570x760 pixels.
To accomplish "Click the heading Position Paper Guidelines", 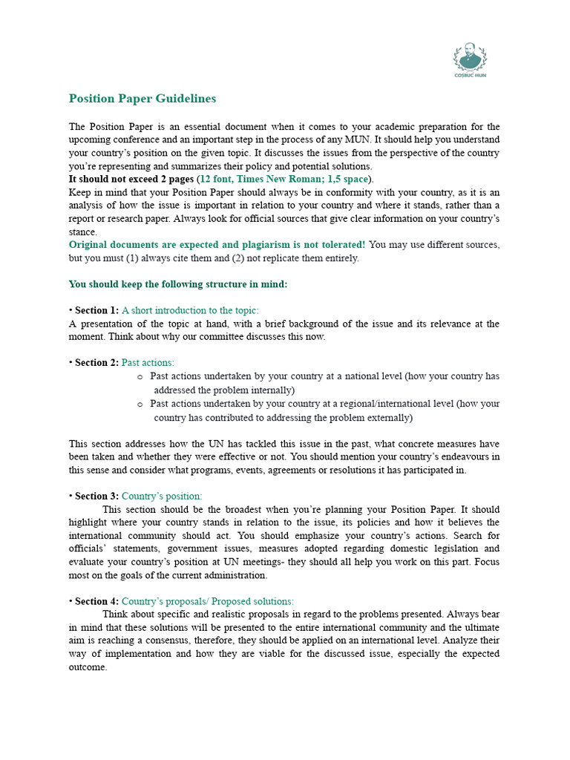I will [x=142, y=99].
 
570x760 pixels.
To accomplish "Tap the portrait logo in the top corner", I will [x=470, y=57].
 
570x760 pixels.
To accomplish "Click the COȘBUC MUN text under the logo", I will [x=470, y=75].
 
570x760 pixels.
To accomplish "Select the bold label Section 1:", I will [x=96, y=310].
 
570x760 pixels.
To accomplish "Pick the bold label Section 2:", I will [x=96, y=362].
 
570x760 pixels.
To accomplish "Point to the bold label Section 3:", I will [x=96, y=496].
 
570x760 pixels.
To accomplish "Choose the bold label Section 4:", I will [x=96, y=601].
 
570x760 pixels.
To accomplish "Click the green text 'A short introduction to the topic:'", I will [x=190, y=310].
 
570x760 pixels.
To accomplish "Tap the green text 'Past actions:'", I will [x=148, y=362].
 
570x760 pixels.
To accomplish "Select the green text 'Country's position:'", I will [x=162, y=496].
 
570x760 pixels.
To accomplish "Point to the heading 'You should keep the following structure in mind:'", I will [x=177, y=284].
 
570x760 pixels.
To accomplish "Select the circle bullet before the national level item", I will [x=140, y=377].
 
